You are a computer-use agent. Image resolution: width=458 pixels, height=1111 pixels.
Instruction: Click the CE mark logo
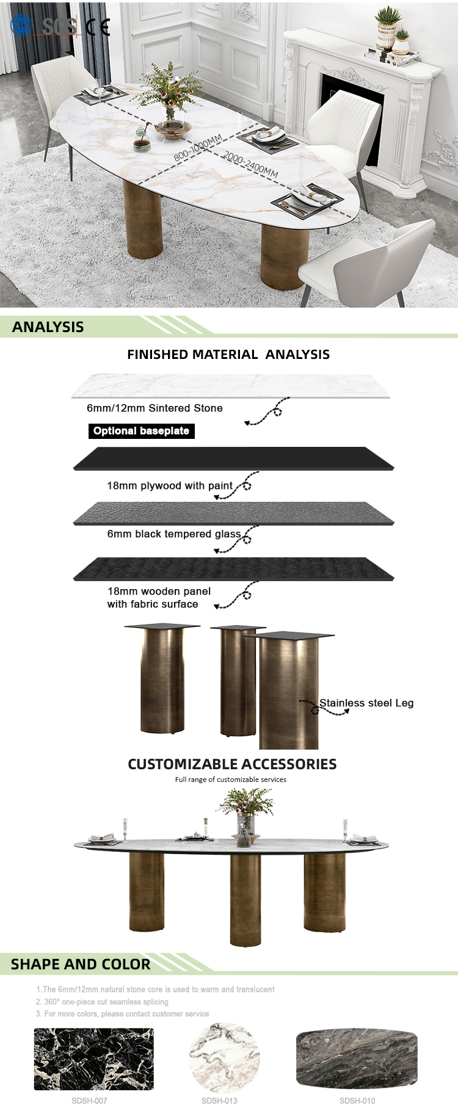98,27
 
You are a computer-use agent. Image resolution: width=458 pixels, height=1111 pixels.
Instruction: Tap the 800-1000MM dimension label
198,147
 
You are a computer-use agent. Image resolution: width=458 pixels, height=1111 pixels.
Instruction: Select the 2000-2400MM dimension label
250,164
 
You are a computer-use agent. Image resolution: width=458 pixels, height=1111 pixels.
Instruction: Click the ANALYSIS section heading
48,327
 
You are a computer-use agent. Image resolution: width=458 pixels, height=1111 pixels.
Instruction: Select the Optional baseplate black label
141,431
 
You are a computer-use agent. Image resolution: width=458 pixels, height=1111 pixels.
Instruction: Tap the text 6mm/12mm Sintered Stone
154,408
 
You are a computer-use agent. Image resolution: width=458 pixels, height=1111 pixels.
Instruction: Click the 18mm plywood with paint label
170,486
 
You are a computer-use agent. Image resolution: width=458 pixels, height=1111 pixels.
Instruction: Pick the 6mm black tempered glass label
174,534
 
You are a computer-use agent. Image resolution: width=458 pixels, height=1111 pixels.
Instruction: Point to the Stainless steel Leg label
366,703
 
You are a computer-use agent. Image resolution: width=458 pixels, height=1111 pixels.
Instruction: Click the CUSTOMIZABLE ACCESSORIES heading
232,764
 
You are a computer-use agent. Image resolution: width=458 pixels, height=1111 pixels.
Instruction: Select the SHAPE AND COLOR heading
81,964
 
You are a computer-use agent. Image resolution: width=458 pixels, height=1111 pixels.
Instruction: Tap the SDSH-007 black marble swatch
93,1059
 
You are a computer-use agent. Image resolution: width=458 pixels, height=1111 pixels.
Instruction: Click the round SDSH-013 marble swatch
224,1059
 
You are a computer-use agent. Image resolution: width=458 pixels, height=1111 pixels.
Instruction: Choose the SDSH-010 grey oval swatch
357,1059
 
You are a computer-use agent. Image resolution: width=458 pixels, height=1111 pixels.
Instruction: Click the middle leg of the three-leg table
245,897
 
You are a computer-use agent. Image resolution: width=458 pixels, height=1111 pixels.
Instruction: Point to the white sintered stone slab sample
231,386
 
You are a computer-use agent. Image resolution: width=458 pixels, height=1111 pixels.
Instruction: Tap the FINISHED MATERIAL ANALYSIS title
228,355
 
